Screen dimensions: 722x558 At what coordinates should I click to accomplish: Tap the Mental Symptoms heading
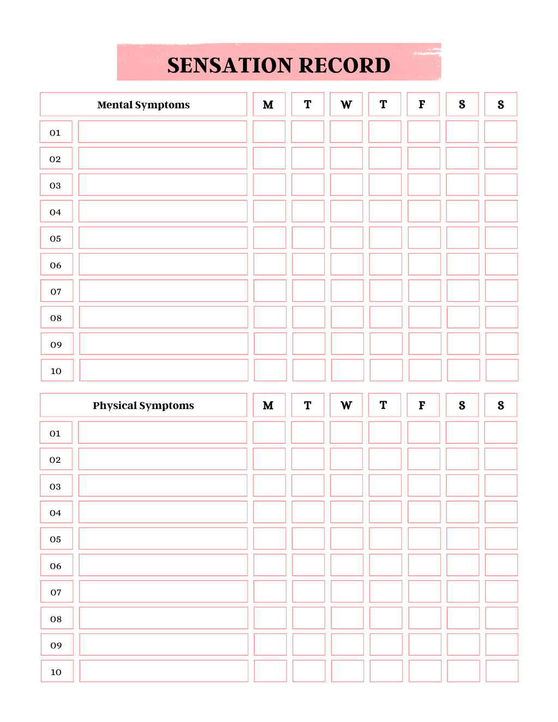pos(143,105)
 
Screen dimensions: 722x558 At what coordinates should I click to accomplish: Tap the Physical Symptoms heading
pos(143,405)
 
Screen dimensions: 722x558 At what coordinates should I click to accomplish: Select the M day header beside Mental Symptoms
pos(269,105)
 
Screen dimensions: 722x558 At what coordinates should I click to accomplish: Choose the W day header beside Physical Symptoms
pos(346,405)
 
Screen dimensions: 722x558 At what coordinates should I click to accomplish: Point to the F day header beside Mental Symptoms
pos(423,105)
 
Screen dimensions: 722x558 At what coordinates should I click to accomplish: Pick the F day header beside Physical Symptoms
pos(423,405)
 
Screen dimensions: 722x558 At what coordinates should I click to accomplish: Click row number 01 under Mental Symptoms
pos(56,132)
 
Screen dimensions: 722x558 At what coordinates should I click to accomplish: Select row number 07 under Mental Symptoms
pos(56,291)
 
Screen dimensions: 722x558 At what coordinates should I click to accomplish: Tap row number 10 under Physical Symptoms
pos(57,671)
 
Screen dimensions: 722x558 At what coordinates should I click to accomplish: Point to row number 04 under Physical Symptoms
pos(56,512)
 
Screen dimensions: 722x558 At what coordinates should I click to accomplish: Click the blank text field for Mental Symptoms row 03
pos(162,185)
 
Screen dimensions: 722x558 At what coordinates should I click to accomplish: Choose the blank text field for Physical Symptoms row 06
pos(163,565)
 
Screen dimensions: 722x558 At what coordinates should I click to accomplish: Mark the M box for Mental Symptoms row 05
pos(269,238)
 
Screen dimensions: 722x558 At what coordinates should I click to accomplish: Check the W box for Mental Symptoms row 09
pos(347,344)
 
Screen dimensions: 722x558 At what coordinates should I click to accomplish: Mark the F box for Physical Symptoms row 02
pos(423,459)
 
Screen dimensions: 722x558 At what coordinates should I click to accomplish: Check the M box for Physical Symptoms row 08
pos(270,618)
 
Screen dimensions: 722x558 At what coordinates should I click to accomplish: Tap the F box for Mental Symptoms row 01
pos(423,132)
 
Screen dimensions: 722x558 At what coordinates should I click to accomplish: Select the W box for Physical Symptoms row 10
pos(347,671)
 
